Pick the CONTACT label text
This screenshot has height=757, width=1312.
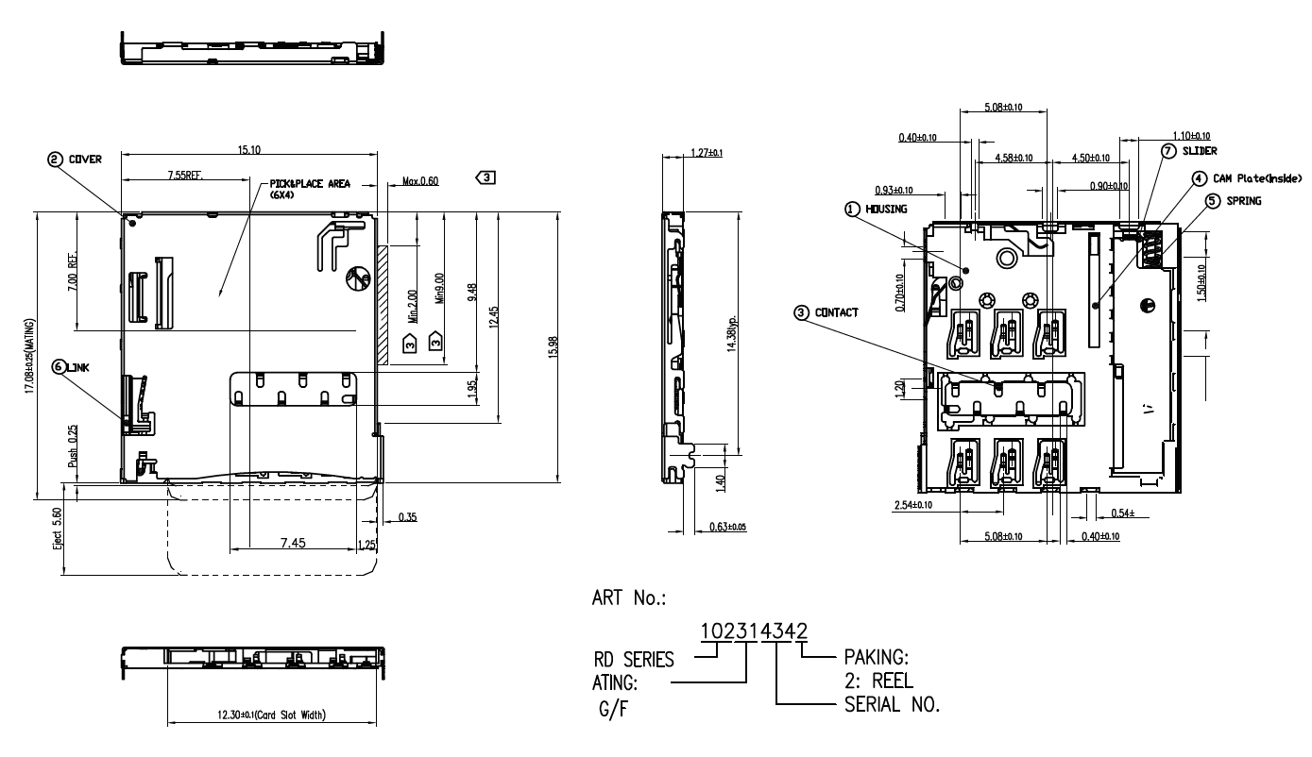837,312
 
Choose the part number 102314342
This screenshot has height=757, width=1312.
753,632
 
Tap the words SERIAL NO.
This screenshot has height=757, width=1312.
887,704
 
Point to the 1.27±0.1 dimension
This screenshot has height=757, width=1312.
707,153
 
